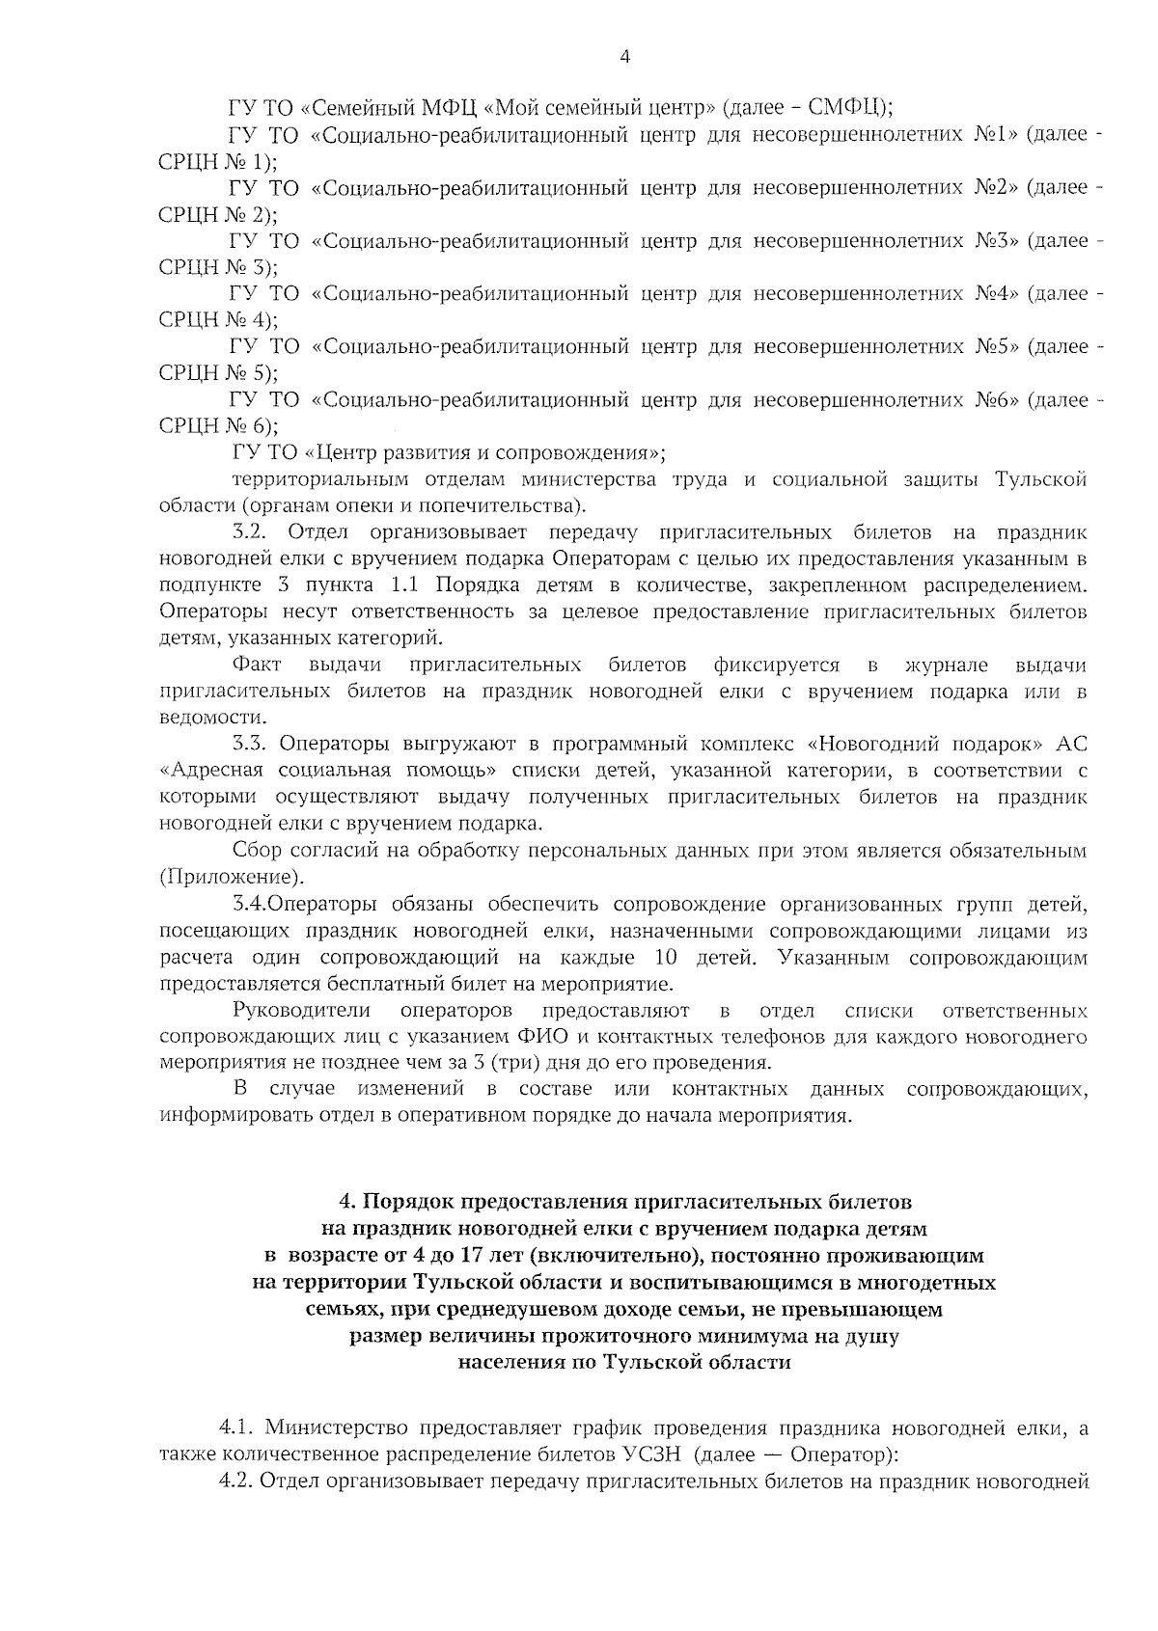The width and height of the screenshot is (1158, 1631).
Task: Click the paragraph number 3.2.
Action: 255,532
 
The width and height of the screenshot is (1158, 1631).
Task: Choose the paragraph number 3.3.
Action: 255,744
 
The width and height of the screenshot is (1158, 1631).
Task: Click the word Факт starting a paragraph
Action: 257,666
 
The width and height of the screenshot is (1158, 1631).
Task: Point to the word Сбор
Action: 256,851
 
